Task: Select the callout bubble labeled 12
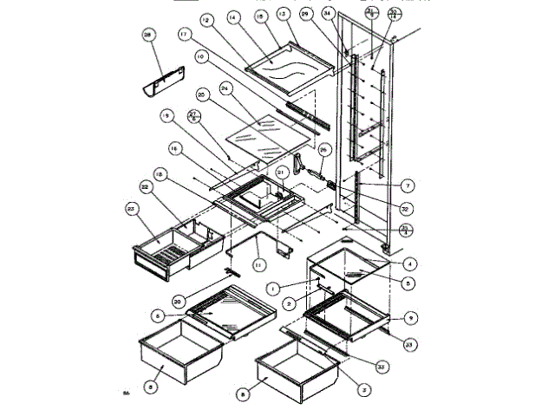(x=205, y=18)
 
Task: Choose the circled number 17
(x=184, y=36)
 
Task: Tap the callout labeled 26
(x=323, y=150)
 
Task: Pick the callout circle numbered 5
(x=407, y=283)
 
